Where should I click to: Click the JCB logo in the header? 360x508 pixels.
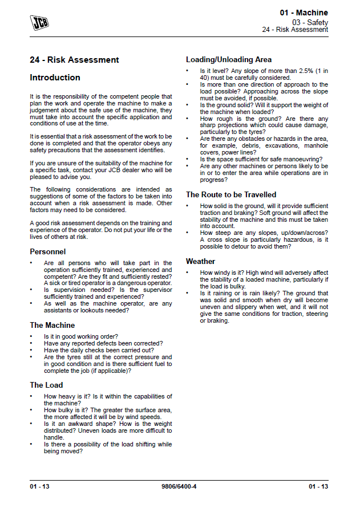coord(39,22)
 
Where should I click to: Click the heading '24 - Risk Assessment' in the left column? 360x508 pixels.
coord(74,60)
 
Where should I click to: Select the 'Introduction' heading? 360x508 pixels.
coord(55,78)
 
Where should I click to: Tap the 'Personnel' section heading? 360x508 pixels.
coord(47,251)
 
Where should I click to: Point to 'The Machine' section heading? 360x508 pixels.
coord(52,325)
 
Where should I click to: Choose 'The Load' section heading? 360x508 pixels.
coord(46,385)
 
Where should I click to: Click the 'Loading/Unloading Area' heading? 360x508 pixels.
coord(229,59)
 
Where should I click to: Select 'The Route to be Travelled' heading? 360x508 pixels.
coord(231,194)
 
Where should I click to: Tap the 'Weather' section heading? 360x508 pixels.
coord(201,261)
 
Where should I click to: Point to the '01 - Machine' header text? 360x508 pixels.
coord(304,13)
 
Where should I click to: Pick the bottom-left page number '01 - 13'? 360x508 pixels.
coord(40,486)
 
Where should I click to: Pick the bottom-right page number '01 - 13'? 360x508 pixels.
coord(318,486)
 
